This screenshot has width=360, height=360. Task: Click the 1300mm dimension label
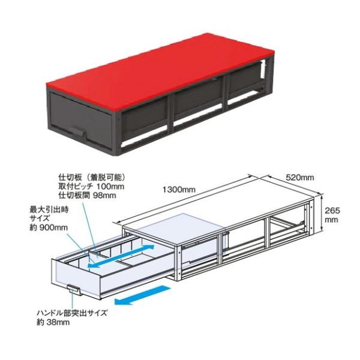coord(179,190)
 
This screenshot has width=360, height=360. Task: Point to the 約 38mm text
coord(52,322)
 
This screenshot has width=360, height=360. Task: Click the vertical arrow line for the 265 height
coord(323,215)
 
